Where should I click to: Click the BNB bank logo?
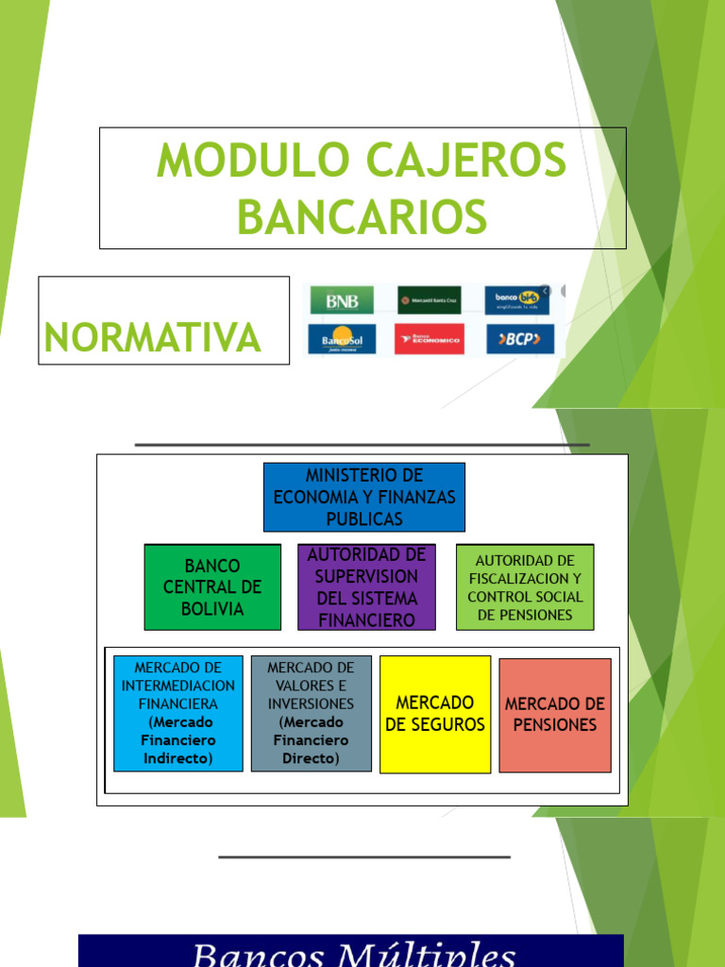point(341,300)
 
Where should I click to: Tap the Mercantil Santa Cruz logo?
point(429,300)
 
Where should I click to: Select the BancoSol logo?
point(341,338)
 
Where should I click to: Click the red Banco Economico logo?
point(429,338)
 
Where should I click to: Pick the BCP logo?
point(520,338)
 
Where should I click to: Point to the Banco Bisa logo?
point(517,300)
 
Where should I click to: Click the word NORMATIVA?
point(152,337)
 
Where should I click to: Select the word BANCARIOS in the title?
point(362,216)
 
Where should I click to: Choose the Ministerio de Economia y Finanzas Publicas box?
point(363,497)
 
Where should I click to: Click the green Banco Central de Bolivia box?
point(212,586)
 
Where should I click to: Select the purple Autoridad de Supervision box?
point(366,586)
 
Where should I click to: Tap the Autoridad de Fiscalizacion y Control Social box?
point(525,586)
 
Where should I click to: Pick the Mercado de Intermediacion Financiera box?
point(177,713)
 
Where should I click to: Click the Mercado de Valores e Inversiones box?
point(311,713)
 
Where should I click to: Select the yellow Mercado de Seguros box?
point(434,713)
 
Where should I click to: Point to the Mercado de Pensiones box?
point(554,715)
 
